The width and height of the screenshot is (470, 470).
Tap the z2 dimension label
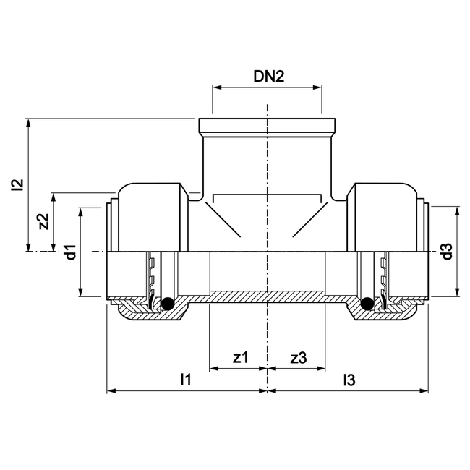pyautogui.click(x=43, y=221)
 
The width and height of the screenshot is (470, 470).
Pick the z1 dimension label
pyautogui.click(x=241, y=357)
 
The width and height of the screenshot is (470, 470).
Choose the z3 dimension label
pyautogui.click(x=298, y=357)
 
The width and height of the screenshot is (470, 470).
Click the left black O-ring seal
pyautogui.click(x=167, y=304)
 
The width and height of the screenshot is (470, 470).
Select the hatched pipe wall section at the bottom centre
pyautogui.click(x=268, y=296)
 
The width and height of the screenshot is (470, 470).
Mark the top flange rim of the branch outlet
pyautogui.click(x=268, y=124)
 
